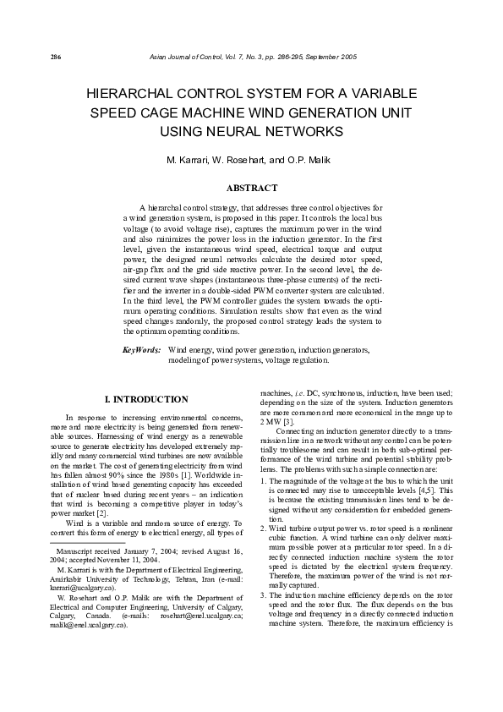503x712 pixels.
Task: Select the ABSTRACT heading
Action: (251, 187)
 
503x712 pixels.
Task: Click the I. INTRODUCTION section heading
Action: (145, 399)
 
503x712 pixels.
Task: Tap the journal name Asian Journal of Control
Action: (177, 58)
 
